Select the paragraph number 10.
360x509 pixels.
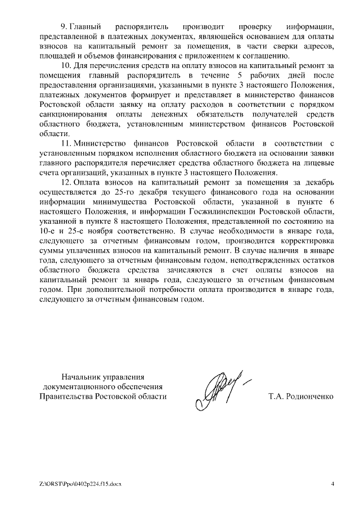tap(65, 66)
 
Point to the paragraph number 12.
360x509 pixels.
tap(65, 183)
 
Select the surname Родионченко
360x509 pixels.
tap(301, 396)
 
